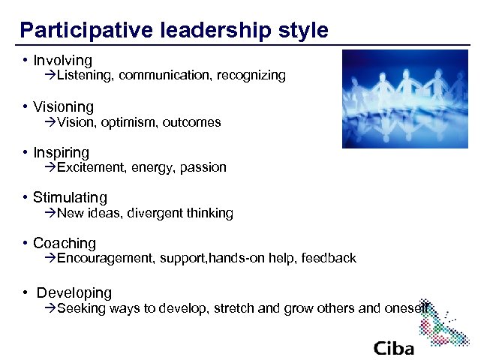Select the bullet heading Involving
pyautogui.click(x=62, y=61)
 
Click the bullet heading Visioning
pyautogui.click(x=63, y=107)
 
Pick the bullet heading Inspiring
pyautogui.click(x=61, y=152)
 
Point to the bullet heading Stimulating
pyautogui.click(x=70, y=198)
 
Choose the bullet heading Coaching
pyautogui.click(x=65, y=244)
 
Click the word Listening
pyautogui.click(x=85, y=76)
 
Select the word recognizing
pyautogui.click(x=251, y=76)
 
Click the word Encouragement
pyautogui.click(x=104, y=259)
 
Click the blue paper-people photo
pyautogui.click(x=404, y=97)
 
